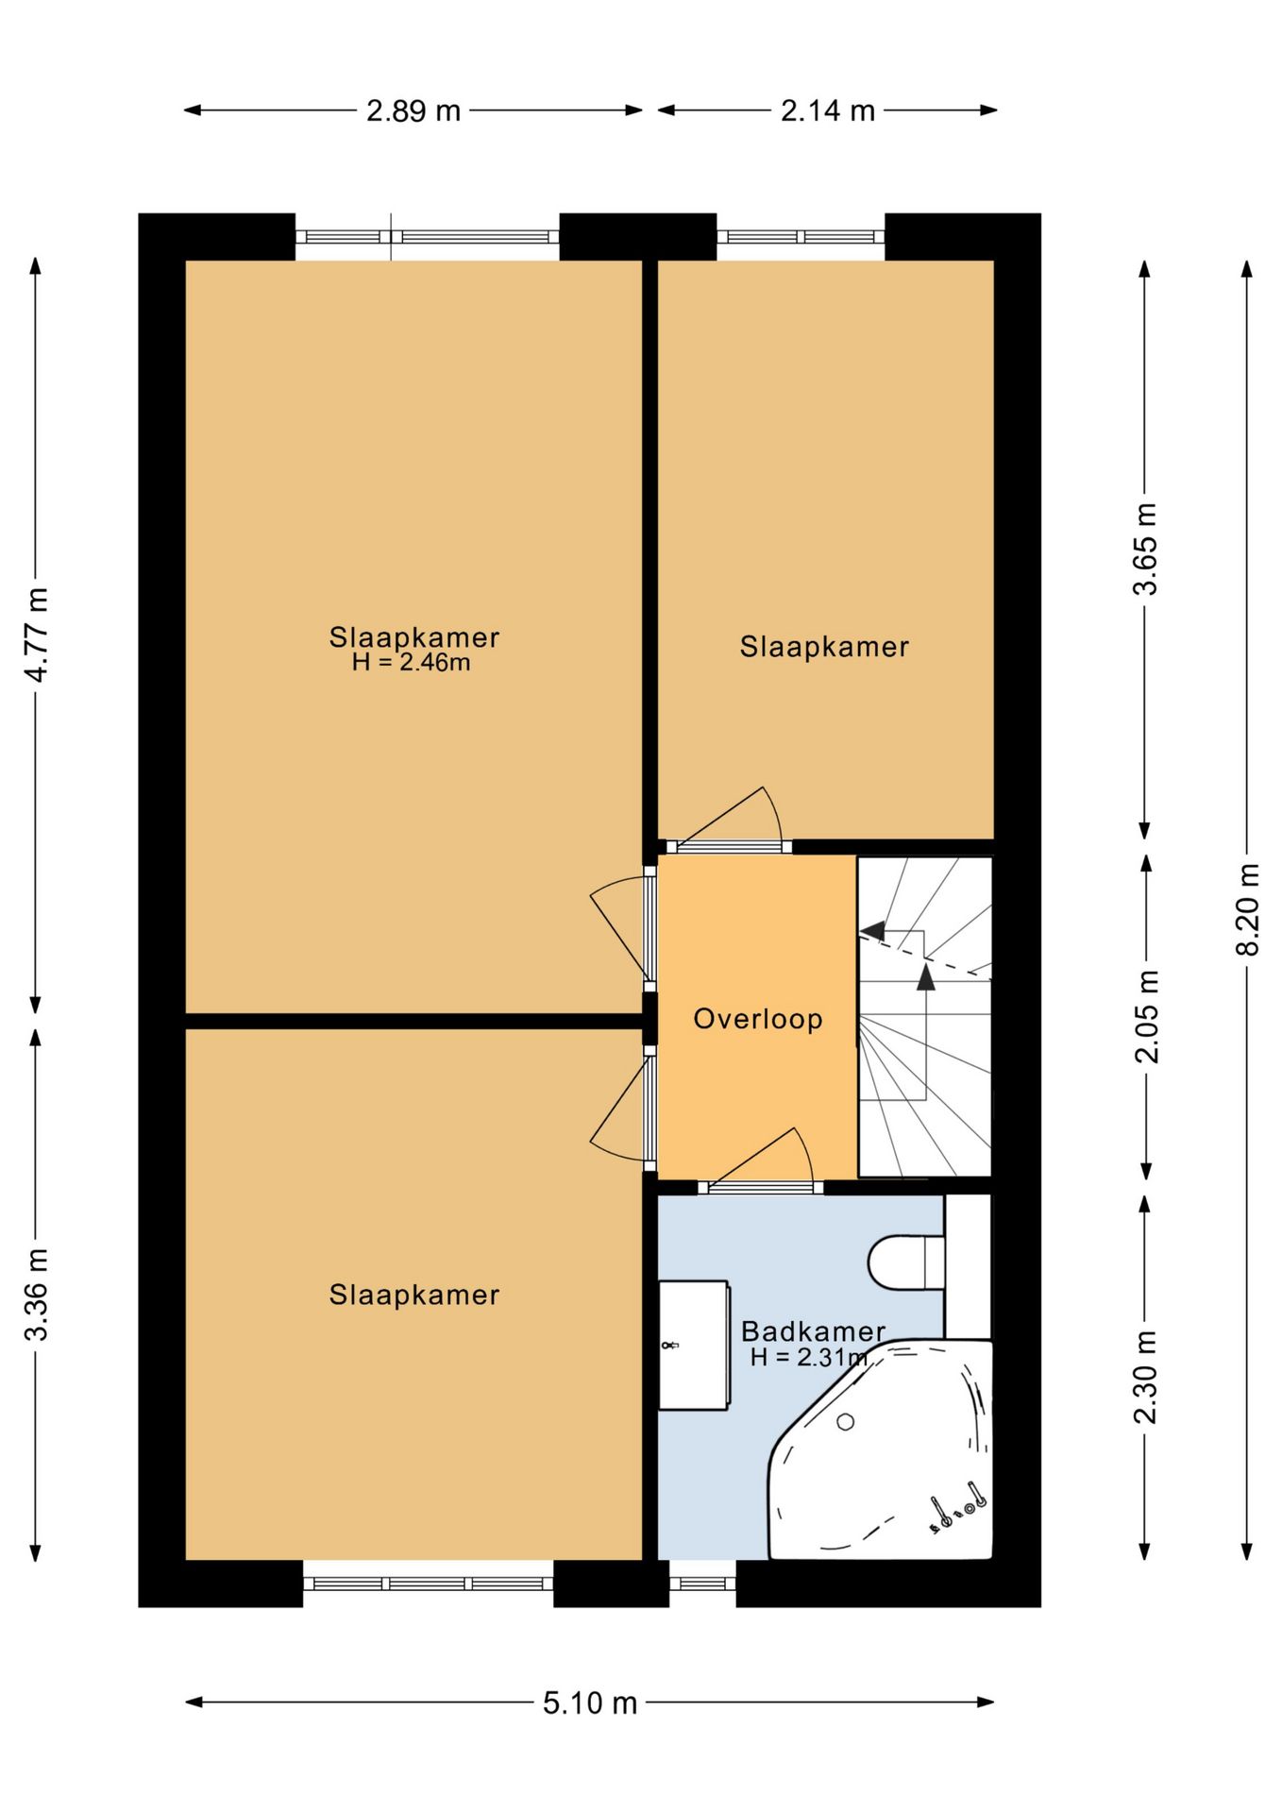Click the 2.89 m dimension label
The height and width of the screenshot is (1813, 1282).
point(413,111)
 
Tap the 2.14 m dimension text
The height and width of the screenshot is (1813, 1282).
point(828,111)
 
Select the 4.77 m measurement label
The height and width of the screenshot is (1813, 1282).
point(37,635)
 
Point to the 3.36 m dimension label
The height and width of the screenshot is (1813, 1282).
point(37,1295)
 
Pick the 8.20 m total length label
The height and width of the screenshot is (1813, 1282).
point(1248,909)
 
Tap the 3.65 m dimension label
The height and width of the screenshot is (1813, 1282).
point(1145,549)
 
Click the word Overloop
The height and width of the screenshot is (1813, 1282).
point(758,1019)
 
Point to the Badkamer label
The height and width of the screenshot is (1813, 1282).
point(813,1331)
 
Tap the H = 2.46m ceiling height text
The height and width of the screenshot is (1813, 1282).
point(411,663)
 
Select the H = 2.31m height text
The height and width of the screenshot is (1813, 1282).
point(809,1358)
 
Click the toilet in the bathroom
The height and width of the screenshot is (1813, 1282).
point(906,1262)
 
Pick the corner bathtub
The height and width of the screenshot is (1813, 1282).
point(881,1449)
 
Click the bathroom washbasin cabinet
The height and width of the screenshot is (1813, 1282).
point(694,1345)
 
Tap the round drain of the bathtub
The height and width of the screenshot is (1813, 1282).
point(845,1421)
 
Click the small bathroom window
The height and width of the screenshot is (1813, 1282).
point(702,1584)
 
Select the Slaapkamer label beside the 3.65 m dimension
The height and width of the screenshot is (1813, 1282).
point(824,647)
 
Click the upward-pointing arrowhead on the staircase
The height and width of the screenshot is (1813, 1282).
point(926,977)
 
